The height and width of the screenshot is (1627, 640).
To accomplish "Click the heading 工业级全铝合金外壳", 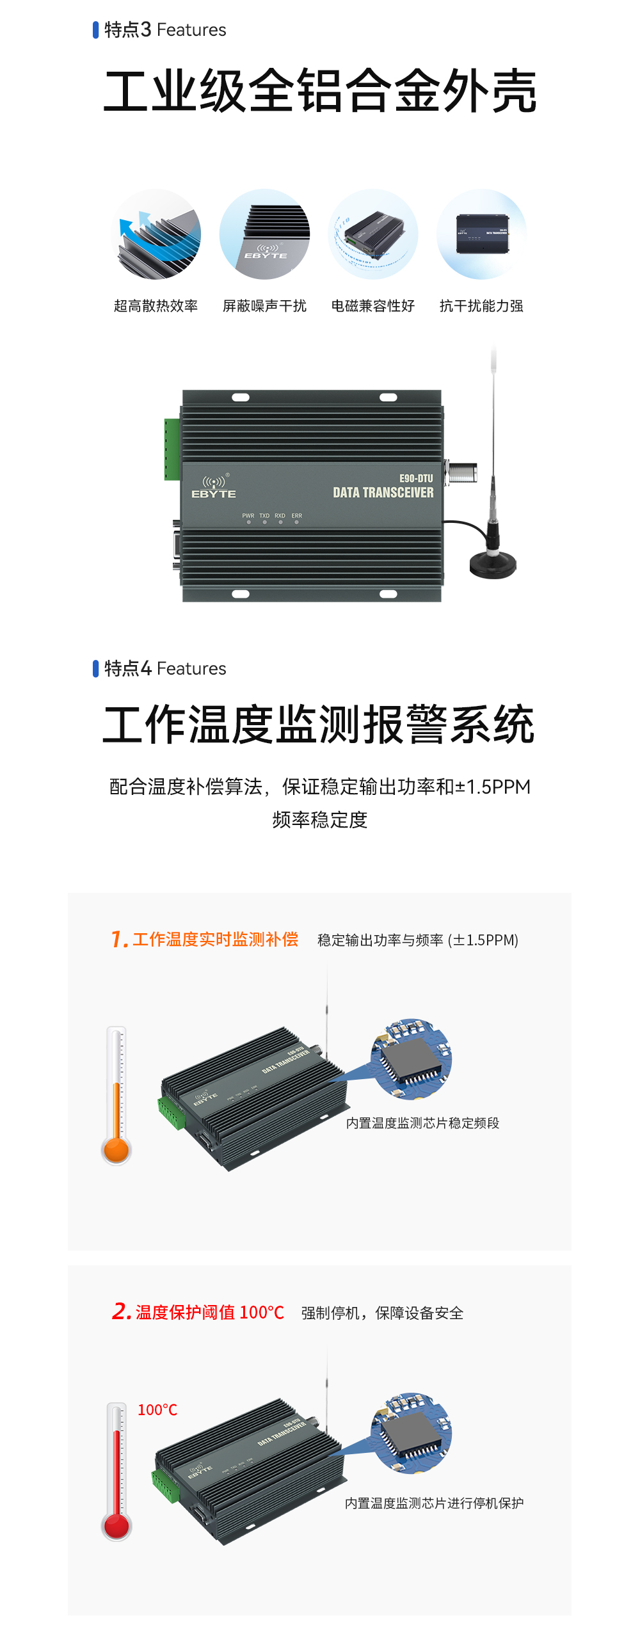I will pyautogui.click(x=320, y=92).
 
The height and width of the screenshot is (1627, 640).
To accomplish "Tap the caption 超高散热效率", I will pyautogui.click(x=156, y=306).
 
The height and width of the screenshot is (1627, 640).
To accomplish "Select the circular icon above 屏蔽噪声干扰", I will pyautogui.click(x=264, y=234).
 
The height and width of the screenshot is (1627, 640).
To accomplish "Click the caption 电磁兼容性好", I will pyautogui.click(x=372, y=306).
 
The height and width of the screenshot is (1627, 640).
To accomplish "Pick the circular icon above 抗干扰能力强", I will pyautogui.click(x=481, y=234).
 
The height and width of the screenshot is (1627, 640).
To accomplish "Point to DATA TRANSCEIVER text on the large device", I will pyautogui.click(x=383, y=492).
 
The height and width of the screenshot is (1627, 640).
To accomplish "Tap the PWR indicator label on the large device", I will pyautogui.click(x=248, y=516).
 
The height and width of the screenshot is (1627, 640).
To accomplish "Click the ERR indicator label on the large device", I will pyautogui.click(x=297, y=516).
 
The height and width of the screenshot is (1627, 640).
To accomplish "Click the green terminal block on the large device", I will pyautogui.click(x=172, y=449).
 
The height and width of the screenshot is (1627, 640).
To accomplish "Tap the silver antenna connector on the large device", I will pyautogui.click(x=462, y=472).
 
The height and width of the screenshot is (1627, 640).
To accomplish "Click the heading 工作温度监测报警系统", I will pyautogui.click(x=318, y=725).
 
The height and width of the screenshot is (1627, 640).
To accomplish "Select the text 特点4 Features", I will pyautogui.click(x=165, y=669).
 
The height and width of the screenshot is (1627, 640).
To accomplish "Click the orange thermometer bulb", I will pyautogui.click(x=116, y=1150).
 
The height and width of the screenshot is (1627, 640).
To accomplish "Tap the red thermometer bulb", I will pyautogui.click(x=116, y=1527).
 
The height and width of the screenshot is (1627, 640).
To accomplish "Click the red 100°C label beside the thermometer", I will pyautogui.click(x=157, y=1410).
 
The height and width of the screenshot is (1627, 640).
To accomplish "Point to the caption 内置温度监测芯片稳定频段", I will pyautogui.click(x=422, y=1123).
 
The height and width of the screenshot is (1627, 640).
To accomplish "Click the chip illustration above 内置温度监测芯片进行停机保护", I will pyautogui.click(x=412, y=1432).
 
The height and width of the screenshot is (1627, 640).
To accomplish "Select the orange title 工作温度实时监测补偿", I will pyautogui.click(x=215, y=940).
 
